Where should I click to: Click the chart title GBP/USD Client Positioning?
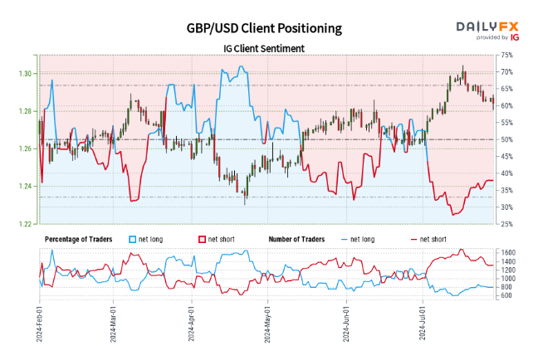[264, 28]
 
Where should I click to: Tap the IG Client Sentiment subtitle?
[264, 48]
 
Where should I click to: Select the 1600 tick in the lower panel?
[508, 251]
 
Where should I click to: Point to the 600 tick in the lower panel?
[506, 294]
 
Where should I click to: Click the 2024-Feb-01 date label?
[39, 328]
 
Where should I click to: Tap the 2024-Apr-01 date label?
[192, 328]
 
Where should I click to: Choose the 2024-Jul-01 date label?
[424, 328]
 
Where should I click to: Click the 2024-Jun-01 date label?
[347, 328]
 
